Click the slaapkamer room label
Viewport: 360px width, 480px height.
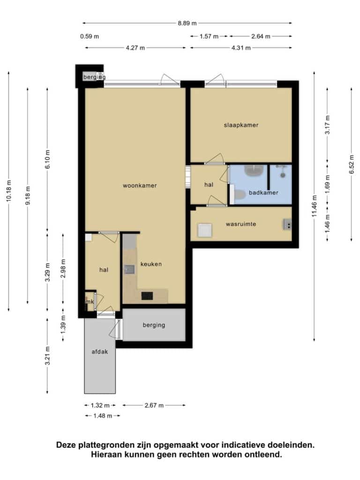241,125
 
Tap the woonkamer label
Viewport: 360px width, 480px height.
140,186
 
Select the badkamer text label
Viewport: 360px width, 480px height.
263,193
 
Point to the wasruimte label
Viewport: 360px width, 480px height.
241,224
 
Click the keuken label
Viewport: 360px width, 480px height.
151,264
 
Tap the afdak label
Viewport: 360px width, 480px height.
100,352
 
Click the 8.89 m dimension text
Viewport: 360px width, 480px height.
187,23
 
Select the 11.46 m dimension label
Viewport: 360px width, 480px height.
315,206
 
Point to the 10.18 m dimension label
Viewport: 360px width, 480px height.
8,191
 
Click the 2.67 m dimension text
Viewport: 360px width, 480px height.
154,405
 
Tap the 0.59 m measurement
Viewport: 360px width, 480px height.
90,37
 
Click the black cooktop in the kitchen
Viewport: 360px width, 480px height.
147,296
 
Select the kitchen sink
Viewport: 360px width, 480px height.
129,270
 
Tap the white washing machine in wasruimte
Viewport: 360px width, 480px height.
205,230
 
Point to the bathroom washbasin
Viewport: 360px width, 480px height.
255,170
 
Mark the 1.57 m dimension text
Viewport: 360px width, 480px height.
209,37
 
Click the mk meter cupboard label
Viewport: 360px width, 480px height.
90,302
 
